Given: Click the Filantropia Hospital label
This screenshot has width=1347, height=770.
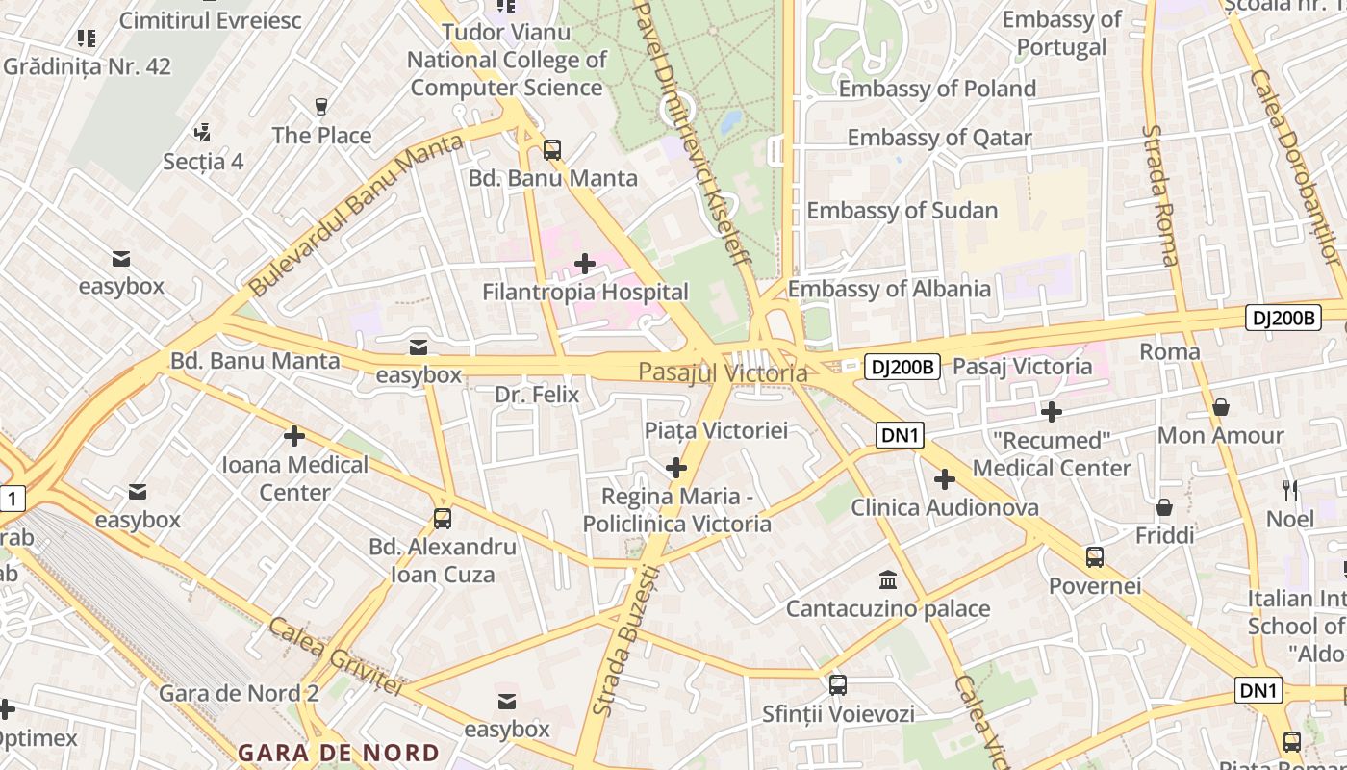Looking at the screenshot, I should tap(585, 293).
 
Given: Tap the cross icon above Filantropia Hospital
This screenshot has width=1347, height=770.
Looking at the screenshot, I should tap(585, 263).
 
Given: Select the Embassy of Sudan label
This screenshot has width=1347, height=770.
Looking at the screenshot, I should tap(902, 211).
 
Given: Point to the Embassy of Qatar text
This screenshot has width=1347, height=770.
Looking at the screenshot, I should tap(938, 138).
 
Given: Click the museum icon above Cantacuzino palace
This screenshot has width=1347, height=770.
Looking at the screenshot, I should tap(888, 580).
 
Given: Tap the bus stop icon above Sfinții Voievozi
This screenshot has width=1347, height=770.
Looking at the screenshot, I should tap(838, 685).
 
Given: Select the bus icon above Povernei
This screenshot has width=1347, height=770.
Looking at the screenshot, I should tap(1095, 557).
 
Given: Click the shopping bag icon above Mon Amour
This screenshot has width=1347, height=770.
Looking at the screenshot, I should tap(1221, 407).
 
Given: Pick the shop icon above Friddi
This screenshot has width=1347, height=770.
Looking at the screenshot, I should tap(1164, 506).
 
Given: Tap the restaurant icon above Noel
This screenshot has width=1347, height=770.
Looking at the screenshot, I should tap(1290, 490).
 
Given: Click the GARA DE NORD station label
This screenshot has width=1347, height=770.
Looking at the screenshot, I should tap(339, 753).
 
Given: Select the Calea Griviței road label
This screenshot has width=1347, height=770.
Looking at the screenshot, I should tap(334, 656).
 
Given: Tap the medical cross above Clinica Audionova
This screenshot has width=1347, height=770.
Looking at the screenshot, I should tap(945, 478).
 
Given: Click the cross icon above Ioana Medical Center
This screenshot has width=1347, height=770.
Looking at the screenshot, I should tap(294, 436).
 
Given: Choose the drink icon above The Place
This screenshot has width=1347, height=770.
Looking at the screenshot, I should tap(321, 106).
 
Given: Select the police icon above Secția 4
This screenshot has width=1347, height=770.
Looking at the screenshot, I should tap(202, 132).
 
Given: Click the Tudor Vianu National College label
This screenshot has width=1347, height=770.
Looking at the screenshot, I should tap(506, 60).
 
